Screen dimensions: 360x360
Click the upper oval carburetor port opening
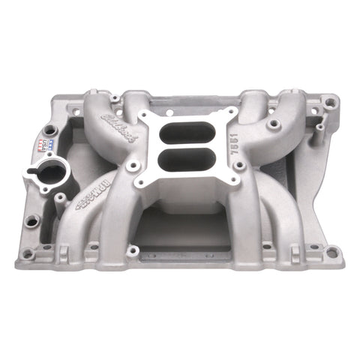pos(191,130)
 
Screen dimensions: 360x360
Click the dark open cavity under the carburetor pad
pos(187,225)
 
